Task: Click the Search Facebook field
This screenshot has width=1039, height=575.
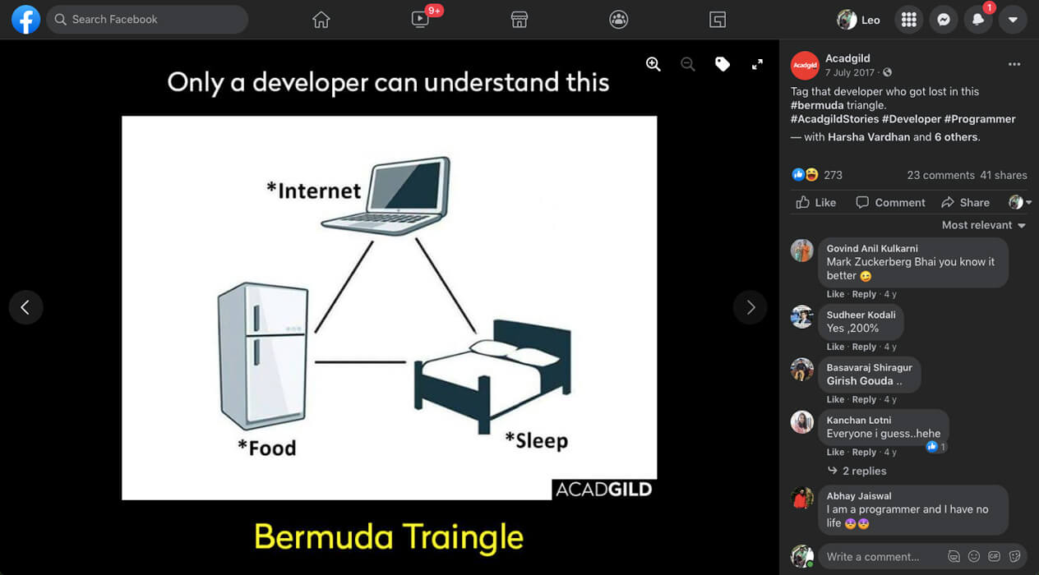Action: pos(147,20)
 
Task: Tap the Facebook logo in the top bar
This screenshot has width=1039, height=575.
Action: pos(26,20)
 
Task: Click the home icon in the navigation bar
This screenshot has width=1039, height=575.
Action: pos(321,20)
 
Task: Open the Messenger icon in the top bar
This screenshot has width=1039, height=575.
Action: pos(944,20)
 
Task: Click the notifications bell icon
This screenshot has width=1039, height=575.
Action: pos(978,20)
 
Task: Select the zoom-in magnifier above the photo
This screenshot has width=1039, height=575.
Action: pos(653,64)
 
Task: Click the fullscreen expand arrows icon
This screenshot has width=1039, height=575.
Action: pos(757,64)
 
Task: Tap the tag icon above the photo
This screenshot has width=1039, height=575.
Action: pos(723,64)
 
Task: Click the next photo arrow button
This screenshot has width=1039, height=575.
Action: pos(750,307)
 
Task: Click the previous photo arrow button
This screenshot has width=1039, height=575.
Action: pos(26,307)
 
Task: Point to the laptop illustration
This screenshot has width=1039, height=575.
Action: pos(386,196)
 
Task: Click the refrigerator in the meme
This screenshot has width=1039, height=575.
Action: pos(263,356)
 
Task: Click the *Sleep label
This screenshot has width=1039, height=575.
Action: pos(537,440)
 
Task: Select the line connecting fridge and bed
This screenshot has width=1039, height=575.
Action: pos(360,362)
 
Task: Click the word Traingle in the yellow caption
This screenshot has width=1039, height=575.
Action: pos(463,537)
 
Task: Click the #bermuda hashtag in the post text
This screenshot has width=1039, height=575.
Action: pos(817,105)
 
